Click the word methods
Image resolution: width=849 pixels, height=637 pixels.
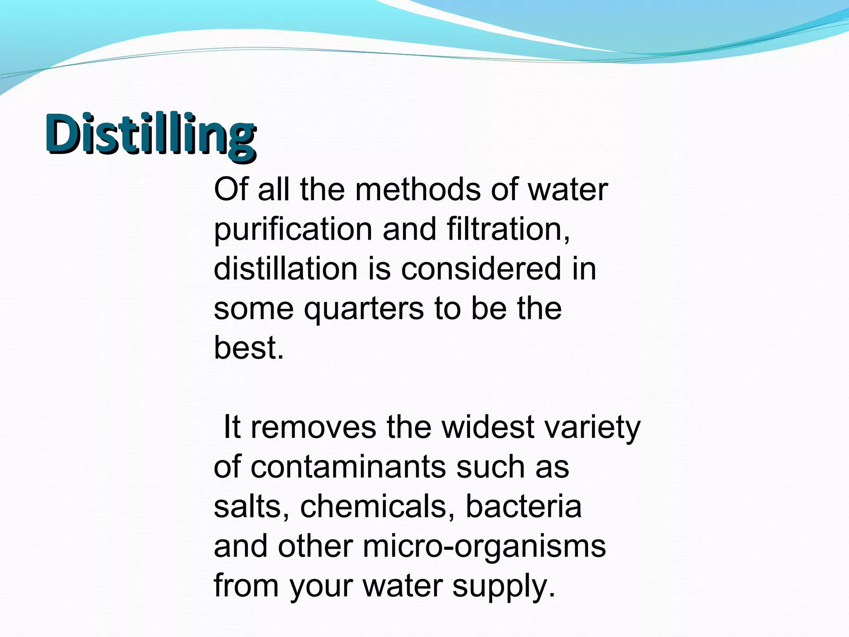[418, 190]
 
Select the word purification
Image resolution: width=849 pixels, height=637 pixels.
[293, 229]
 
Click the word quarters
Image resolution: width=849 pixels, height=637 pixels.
[364, 309]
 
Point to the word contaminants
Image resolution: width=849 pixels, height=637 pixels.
[348, 467]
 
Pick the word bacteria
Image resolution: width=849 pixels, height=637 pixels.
[523, 506]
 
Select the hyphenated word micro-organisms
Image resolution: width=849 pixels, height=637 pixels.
[484, 547]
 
